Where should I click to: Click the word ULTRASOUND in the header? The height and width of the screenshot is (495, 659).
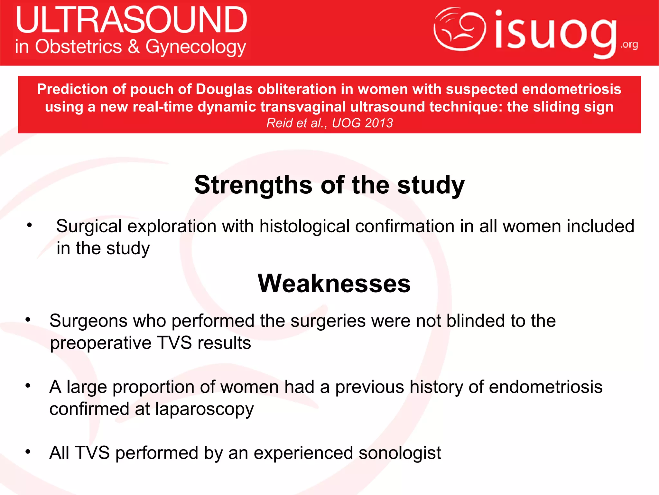(x=131, y=20)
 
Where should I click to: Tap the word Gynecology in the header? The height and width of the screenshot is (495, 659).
(x=196, y=47)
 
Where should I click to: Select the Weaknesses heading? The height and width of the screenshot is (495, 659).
(x=334, y=283)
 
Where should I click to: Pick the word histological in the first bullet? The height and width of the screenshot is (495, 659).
(x=304, y=226)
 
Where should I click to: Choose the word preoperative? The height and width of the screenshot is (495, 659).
(x=101, y=343)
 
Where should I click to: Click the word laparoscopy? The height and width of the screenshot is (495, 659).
(x=204, y=409)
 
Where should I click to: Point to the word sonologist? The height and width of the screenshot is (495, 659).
(x=400, y=453)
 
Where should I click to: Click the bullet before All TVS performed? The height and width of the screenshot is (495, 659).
(x=28, y=452)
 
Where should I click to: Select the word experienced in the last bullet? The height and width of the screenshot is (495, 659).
(x=303, y=453)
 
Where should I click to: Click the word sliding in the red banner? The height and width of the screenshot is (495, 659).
(x=555, y=107)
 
